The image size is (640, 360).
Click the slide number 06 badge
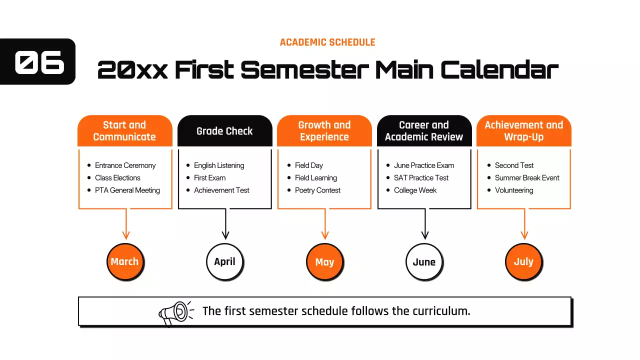click(x=39, y=62)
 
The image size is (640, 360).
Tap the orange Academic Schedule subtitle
click(x=327, y=42)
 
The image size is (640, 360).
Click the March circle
click(x=125, y=261)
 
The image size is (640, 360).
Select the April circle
click(x=224, y=261)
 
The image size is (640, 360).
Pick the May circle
click(x=324, y=261)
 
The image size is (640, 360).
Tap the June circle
click(x=424, y=261)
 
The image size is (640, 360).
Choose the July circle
click(x=523, y=261)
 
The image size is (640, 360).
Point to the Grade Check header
click(x=224, y=131)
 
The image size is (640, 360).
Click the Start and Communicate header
click(x=124, y=131)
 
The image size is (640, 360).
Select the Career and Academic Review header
click(x=424, y=131)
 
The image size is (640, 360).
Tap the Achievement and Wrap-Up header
click(x=523, y=131)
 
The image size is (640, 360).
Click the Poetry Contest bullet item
click(x=317, y=190)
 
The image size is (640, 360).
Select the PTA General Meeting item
click(x=127, y=190)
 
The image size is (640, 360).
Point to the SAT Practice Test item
click(x=421, y=178)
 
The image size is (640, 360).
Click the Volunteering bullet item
click(x=514, y=190)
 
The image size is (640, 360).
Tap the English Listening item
click(x=219, y=165)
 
